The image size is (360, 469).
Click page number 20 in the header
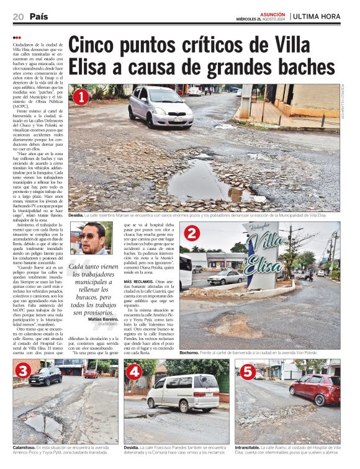18,16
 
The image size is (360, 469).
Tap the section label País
38,16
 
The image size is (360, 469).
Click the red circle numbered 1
80,97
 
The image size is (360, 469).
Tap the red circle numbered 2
192,234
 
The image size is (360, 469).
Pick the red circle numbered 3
24,371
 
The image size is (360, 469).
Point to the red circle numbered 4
134,372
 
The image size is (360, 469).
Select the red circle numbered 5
247,372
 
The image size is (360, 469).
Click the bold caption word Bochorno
189,352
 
